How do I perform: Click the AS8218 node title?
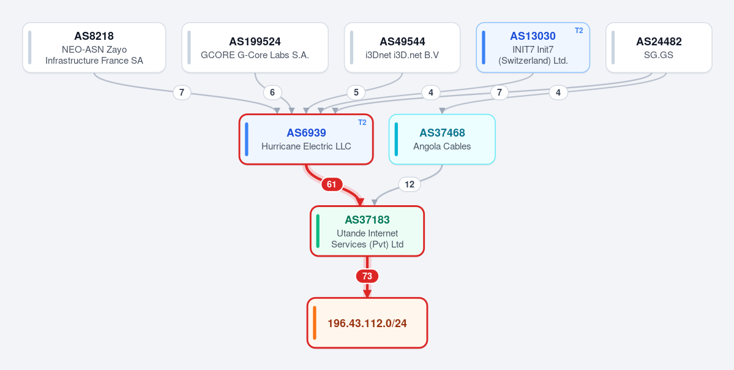point(94,36)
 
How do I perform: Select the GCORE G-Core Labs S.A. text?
point(255,55)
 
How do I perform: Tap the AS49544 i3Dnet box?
point(402,48)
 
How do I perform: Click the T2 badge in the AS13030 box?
point(579,31)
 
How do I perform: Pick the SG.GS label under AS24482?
point(659,55)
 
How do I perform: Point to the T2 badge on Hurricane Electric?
point(362,123)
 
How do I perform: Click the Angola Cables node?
point(442,140)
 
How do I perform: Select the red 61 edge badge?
point(331,184)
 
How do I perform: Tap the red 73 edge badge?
point(367,276)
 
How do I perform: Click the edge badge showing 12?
point(410,184)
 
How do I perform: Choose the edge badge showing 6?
point(272,92)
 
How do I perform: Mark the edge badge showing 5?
point(356,92)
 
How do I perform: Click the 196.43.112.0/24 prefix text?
point(367,323)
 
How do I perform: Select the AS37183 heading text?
point(367,220)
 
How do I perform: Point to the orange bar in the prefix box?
point(315,323)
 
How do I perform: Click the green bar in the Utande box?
point(318,232)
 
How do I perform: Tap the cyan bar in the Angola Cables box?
point(397,140)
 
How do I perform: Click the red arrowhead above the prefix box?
point(367,293)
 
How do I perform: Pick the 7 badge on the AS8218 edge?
point(182,92)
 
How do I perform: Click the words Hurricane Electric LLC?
point(306,146)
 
